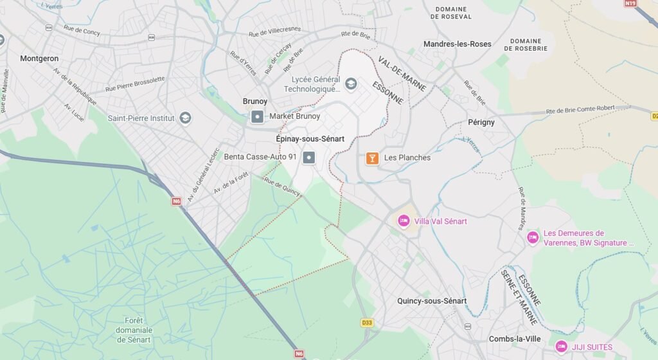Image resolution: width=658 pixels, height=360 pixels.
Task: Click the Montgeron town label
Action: tap(39, 58)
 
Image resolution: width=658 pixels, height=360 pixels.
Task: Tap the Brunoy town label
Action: tap(255, 102)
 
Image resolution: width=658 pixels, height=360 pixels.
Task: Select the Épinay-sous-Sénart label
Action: tap(310, 139)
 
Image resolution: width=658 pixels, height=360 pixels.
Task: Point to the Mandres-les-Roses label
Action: tap(457, 44)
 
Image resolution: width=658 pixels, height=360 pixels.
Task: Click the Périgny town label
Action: tap(481, 122)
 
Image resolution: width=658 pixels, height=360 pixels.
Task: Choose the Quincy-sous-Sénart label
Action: tap(432, 301)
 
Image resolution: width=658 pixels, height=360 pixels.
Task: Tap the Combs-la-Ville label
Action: tap(514, 339)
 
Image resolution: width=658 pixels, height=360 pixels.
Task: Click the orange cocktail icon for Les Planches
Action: tap(371, 157)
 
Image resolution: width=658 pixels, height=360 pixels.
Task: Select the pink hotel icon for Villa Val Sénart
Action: tap(404, 221)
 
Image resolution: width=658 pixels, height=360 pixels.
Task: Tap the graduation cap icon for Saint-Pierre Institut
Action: tap(185, 118)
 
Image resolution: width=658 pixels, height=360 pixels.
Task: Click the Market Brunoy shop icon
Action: tap(257, 116)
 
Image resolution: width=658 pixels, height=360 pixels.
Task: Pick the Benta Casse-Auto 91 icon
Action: tap(309, 157)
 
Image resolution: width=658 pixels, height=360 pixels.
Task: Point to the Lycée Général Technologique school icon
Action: tap(350, 84)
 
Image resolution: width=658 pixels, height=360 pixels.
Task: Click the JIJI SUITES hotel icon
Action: tap(561, 347)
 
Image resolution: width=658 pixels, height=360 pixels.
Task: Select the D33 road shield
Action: tap(367, 321)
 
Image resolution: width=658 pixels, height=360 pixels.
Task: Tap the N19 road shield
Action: tap(630, 3)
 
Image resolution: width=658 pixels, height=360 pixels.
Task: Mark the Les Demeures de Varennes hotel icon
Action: tap(532, 238)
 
